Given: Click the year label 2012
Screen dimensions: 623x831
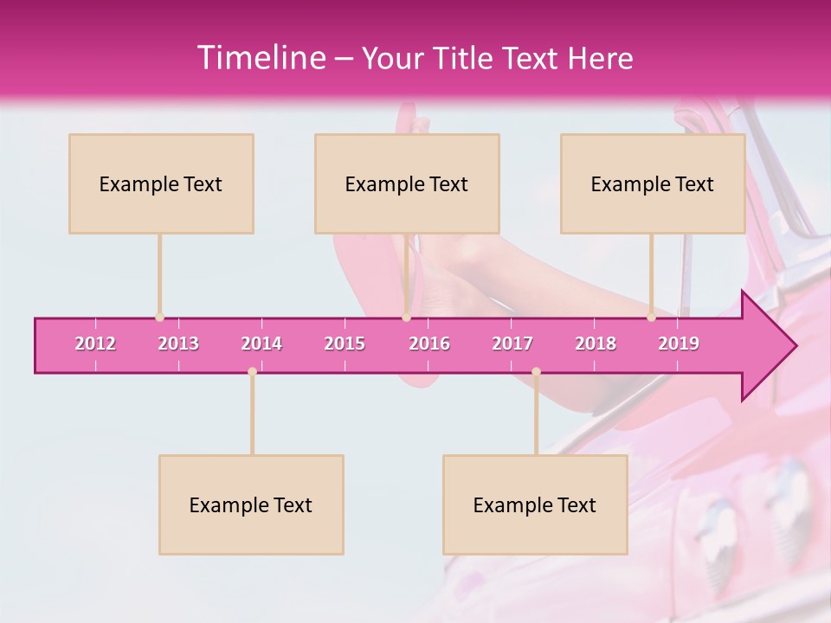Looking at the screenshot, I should tap(95, 344).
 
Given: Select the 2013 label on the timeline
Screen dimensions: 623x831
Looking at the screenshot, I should tap(178, 344).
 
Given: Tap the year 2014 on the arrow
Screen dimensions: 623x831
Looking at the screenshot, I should tap(261, 344).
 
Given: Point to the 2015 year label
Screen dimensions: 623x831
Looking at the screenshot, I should tap(345, 344).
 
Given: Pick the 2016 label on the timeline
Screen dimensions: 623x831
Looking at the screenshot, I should tap(429, 344).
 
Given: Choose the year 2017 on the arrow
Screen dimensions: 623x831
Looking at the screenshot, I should tap(512, 344).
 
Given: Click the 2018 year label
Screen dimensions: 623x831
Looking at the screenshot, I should tap(596, 344).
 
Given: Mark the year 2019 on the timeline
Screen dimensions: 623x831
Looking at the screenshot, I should tap(679, 344).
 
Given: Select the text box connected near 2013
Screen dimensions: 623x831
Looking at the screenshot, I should tap(161, 183).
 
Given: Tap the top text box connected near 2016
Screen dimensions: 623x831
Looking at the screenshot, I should tap(407, 183).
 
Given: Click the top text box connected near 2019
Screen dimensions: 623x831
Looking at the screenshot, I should tap(653, 183).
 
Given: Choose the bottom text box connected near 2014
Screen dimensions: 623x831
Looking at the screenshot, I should tap(251, 504).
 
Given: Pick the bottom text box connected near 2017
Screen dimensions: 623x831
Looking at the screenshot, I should tap(535, 504).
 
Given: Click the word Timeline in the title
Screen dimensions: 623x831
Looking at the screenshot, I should tap(260, 58).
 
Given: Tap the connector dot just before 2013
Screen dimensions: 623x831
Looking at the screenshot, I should tap(159, 318).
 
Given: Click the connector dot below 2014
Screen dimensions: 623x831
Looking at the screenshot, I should tap(252, 372).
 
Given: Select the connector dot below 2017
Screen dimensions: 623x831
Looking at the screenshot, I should tap(536, 372).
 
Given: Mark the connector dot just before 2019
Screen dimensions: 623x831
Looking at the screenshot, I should tap(651, 318).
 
